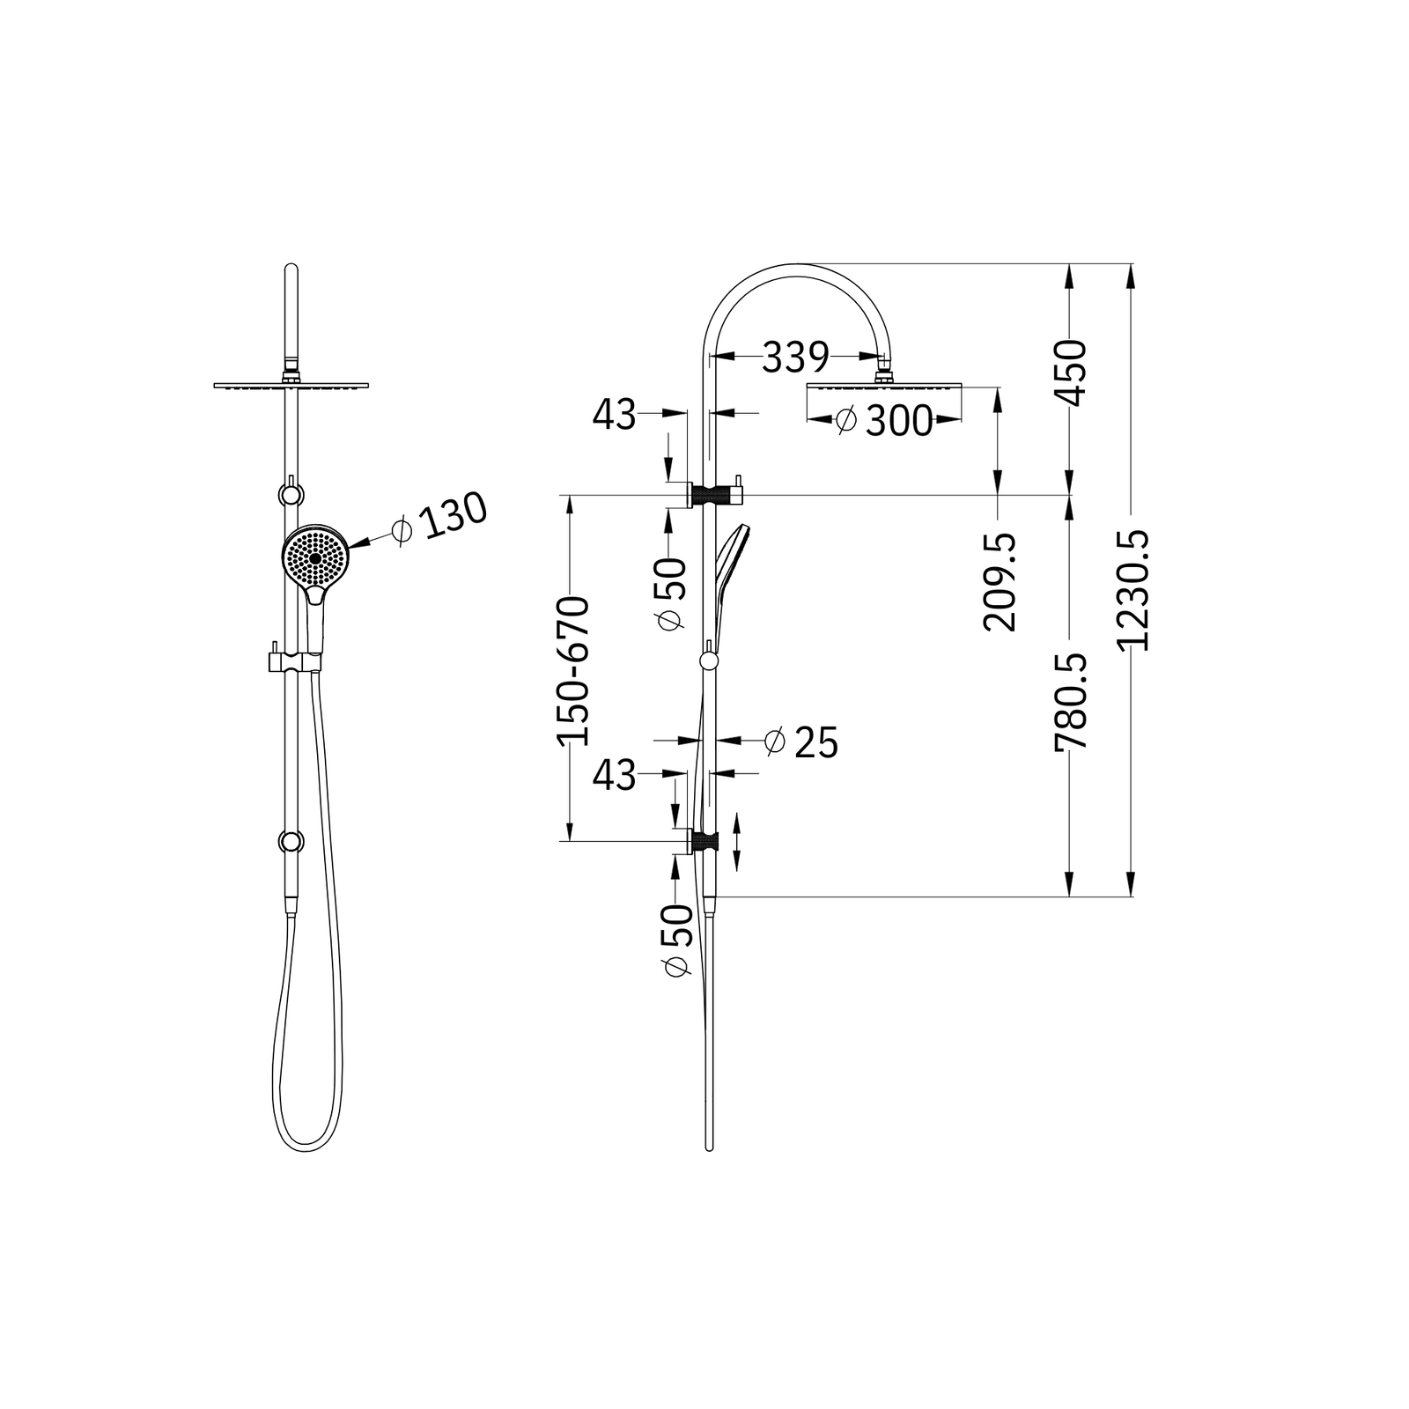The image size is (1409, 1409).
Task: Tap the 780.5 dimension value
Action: pyautogui.click(x=1071, y=702)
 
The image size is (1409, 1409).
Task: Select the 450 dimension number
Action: pyautogui.click(x=1071, y=373)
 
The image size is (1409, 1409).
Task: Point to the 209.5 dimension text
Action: pyautogui.click(x=999, y=582)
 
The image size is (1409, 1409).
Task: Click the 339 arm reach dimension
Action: pyautogui.click(x=795, y=357)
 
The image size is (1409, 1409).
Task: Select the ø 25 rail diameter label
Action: pyautogui.click(x=801, y=742)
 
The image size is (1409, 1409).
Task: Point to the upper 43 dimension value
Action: pyautogui.click(x=614, y=415)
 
